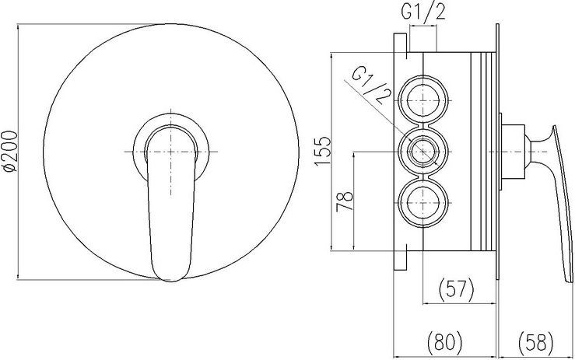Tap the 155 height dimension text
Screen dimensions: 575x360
pos(323,152)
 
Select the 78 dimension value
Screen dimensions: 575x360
pos(345,201)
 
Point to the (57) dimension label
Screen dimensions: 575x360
pos(456,288)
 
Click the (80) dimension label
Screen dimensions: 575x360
pos(445,341)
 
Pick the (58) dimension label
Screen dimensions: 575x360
pos(536,341)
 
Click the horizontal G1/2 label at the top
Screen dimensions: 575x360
pos(423,12)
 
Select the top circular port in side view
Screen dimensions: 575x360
pos(422,100)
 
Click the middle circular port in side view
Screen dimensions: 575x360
pos(422,152)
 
